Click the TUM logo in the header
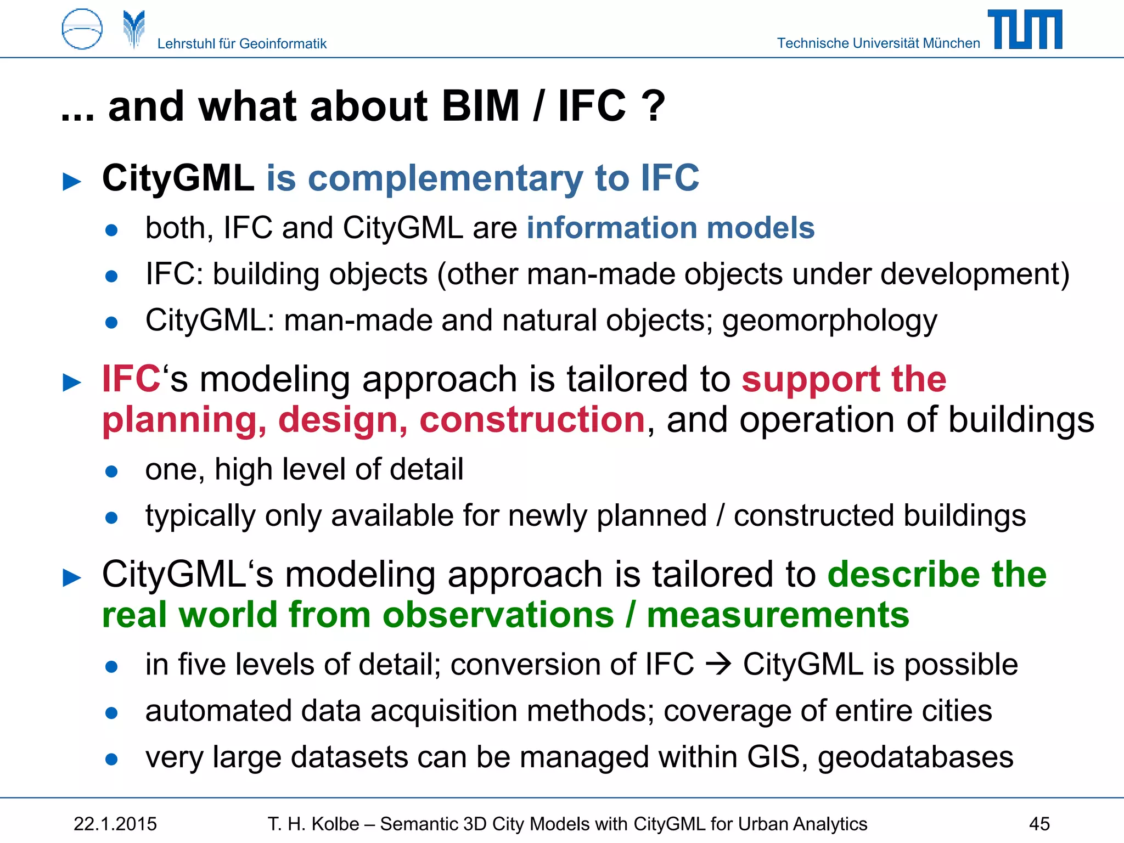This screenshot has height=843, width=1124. click(x=1025, y=30)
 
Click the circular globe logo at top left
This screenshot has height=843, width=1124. click(x=82, y=29)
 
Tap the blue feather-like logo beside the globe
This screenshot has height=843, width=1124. click(x=134, y=29)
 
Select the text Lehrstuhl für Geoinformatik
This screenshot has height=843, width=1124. click(x=241, y=44)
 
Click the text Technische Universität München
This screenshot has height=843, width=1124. click(x=878, y=43)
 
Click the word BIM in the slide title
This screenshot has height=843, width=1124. click(x=480, y=106)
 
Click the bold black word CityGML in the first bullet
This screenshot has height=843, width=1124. click(x=178, y=178)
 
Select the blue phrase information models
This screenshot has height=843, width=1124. click(x=670, y=228)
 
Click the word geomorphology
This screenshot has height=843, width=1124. click(x=829, y=321)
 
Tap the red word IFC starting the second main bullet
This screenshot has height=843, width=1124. click(x=131, y=379)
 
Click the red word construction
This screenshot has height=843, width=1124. click(x=532, y=420)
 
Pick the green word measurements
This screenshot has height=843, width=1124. click(x=778, y=615)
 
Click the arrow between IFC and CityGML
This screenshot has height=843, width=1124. click(x=718, y=665)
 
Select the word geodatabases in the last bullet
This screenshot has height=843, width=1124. click(x=915, y=757)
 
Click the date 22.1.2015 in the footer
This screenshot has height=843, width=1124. click(x=115, y=824)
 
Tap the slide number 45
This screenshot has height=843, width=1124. click(x=1039, y=824)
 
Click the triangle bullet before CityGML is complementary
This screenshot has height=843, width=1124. click(x=72, y=182)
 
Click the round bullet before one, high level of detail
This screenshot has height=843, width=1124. click(x=111, y=471)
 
